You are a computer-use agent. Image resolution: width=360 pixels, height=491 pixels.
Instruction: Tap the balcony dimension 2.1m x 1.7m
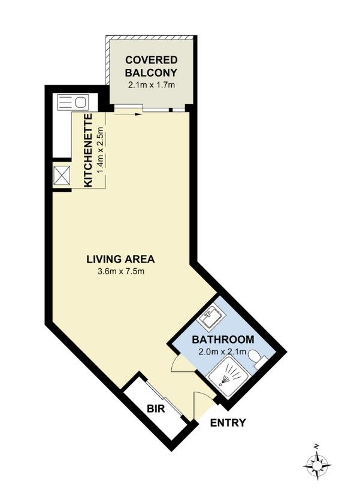click(152, 84)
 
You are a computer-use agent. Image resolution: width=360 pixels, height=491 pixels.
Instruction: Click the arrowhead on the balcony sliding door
click(140, 111)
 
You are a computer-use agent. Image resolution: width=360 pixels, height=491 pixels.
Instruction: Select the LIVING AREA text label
click(120, 259)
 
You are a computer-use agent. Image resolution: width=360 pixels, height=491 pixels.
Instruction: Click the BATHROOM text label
click(223, 340)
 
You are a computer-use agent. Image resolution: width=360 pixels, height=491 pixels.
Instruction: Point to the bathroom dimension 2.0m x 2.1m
click(223, 351)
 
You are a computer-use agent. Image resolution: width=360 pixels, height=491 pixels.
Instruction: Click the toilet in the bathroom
click(257, 359)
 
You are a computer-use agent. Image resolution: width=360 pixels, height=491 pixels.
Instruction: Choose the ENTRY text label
click(228, 423)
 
